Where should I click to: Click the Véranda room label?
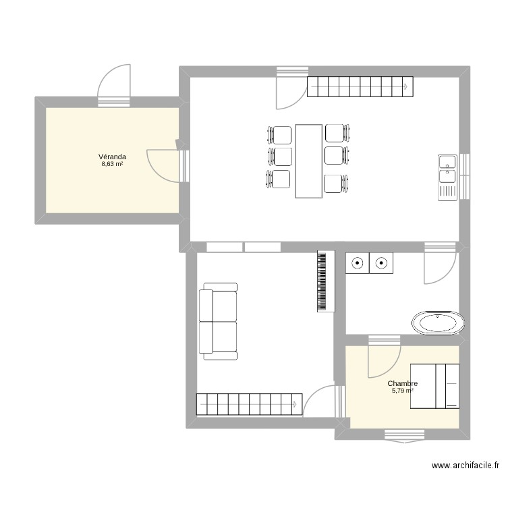[x=112, y=157]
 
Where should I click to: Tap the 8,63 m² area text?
[x=112, y=164]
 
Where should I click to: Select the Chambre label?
[x=402, y=383]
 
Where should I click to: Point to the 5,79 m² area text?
[x=402, y=391]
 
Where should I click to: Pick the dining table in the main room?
[x=308, y=161]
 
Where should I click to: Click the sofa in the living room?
[x=218, y=321]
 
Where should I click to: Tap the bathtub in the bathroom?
[x=439, y=322]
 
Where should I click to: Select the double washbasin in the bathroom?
[x=370, y=263]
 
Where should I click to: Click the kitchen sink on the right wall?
[x=447, y=177]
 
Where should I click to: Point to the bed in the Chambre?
[x=436, y=386]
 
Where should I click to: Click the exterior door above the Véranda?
[x=113, y=84]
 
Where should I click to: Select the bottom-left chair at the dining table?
[x=279, y=179]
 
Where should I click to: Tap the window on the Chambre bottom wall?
[x=401, y=435]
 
